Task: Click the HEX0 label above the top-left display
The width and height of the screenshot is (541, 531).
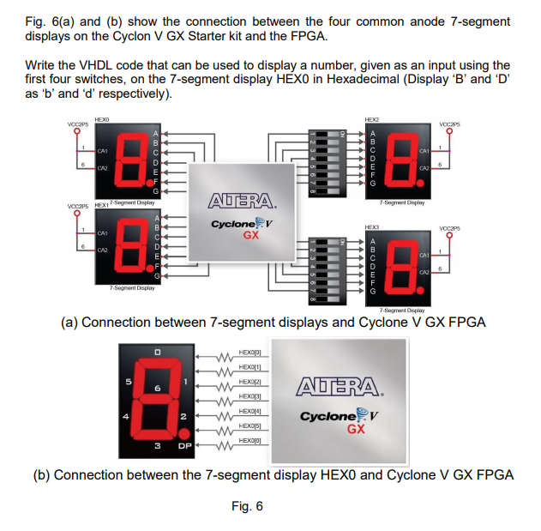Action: pos(102,120)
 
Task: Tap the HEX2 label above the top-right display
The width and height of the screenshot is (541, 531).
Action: pos(371,120)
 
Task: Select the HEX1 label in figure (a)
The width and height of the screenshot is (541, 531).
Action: pos(101,205)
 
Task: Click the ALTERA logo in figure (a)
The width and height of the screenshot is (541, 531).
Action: pos(243,202)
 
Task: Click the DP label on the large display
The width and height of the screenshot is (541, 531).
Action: pos(183,446)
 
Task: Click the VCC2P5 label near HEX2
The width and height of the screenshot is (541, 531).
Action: pos(444,124)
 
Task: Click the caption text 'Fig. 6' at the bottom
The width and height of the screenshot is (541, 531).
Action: pos(247,506)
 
